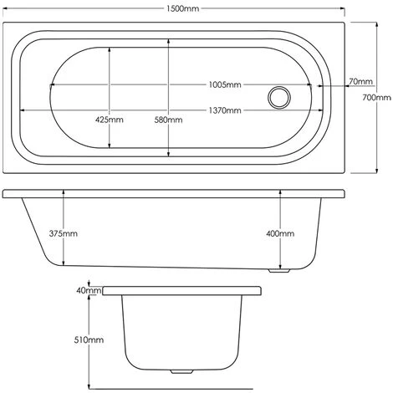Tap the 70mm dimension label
[x=360, y=82]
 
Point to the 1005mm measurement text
[x=225, y=84]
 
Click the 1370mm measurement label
[x=225, y=110]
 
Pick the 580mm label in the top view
[x=168, y=120]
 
